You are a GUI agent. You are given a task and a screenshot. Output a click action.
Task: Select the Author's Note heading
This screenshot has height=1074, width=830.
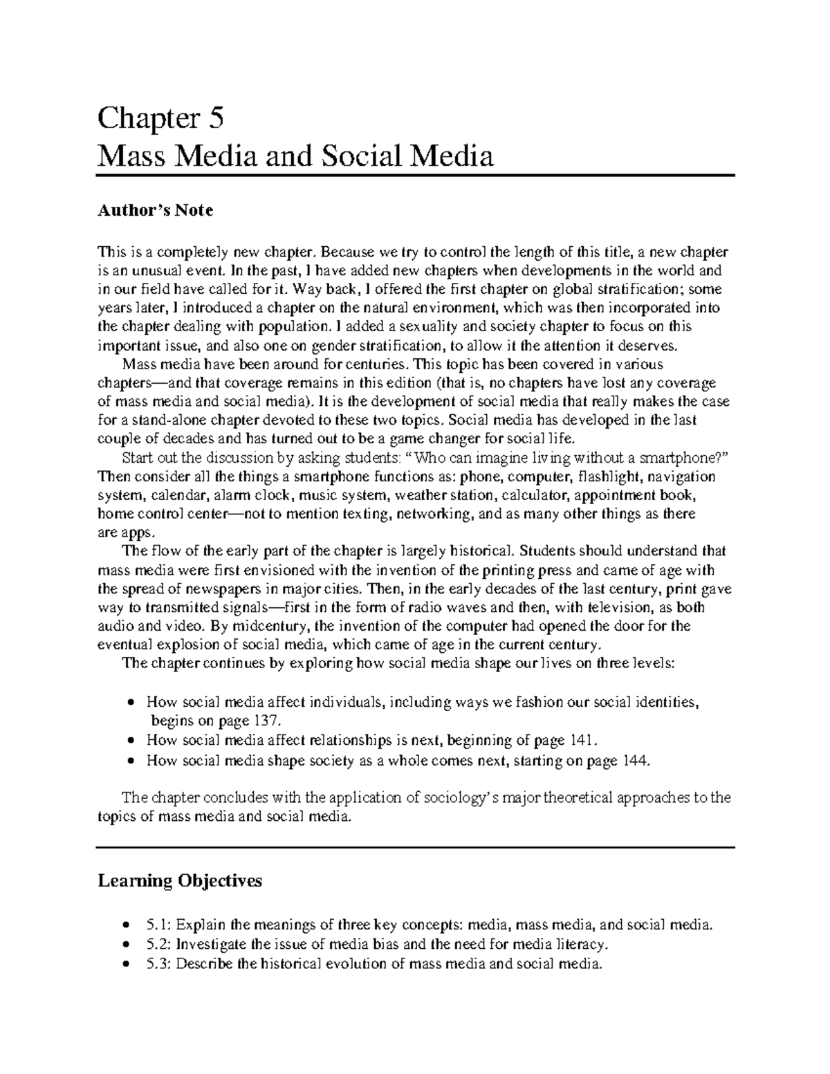click(156, 210)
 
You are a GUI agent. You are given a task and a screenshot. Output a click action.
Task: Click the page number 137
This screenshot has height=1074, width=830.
click(268, 721)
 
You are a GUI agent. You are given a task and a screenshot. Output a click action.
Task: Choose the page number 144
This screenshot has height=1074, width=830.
click(634, 761)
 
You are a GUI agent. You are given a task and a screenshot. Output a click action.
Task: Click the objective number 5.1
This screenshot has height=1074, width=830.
click(159, 925)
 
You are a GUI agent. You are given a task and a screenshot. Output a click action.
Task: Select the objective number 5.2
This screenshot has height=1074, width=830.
click(159, 944)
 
